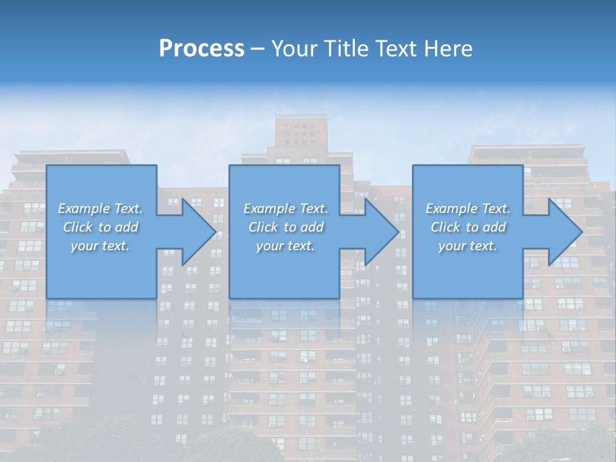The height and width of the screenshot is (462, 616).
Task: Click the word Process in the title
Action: (201, 49)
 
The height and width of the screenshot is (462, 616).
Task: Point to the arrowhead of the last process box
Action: (564, 232)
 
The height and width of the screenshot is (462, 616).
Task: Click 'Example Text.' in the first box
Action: (100, 209)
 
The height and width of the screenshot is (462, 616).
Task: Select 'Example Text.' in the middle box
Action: (286, 209)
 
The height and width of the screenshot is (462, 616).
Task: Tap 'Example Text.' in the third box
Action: (468, 209)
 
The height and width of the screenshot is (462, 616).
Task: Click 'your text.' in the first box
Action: (100, 246)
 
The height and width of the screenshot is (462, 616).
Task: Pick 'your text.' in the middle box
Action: (286, 246)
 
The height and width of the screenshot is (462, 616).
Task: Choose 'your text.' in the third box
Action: (468, 246)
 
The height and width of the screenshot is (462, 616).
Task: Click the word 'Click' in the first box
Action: (78, 227)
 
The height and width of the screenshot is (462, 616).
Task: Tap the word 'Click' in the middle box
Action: (263, 227)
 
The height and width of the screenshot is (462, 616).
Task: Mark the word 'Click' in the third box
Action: (445, 227)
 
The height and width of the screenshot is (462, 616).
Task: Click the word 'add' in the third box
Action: (494, 227)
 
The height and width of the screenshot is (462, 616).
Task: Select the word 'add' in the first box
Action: (126, 227)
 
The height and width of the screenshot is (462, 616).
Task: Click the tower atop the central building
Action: (300, 135)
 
